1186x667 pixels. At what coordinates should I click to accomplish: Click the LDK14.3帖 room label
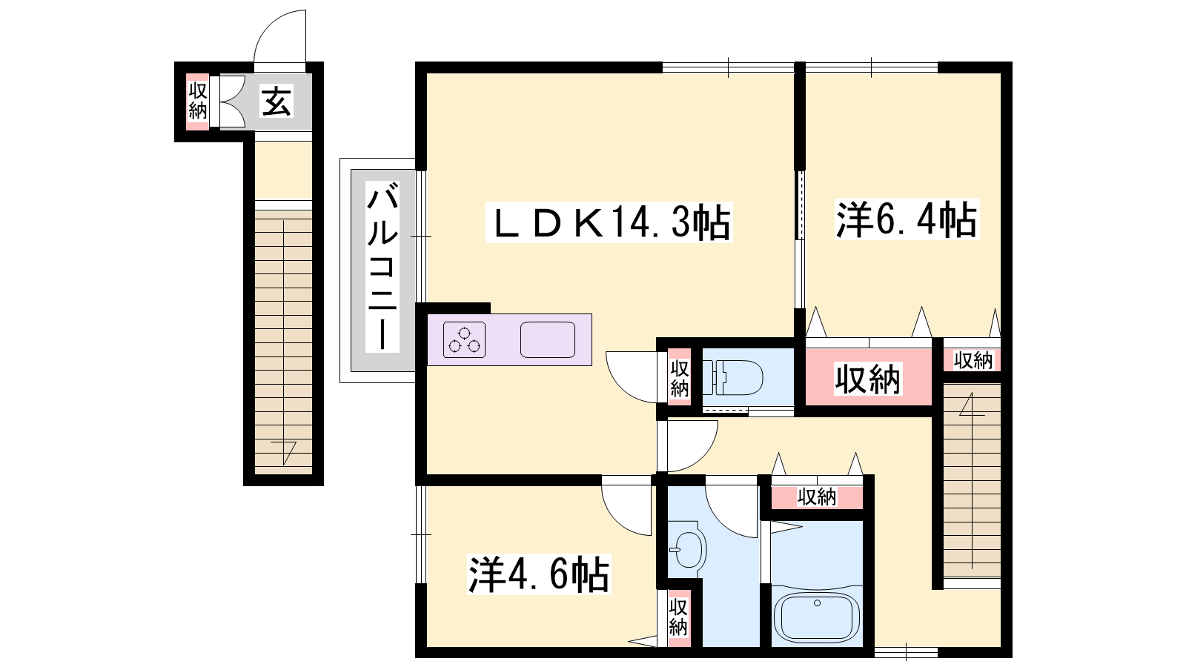click(609, 223)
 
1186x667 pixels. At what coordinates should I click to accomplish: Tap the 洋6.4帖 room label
click(907, 219)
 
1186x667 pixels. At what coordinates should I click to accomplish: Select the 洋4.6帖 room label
click(539, 574)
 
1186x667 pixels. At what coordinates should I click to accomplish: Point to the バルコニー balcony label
click(382, 267)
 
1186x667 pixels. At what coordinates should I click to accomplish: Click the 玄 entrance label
click(276, 102)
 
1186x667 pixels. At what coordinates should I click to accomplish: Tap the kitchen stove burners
click(464, 340)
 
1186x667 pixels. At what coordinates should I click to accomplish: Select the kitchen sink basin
click(548, 340)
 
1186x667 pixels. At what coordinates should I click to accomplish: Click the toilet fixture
click(733, 378)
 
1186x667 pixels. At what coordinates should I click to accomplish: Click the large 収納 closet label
click(867, 379)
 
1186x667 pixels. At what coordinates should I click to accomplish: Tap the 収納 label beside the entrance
click(198, 102)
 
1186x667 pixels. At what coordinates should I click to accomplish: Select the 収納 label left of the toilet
click(679, 379)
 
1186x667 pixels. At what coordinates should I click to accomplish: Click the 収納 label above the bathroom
click(817, 497)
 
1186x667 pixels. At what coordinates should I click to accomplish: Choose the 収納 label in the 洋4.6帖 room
click(678, 617)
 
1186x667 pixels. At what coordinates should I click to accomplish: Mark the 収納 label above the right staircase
click(973, 360)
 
